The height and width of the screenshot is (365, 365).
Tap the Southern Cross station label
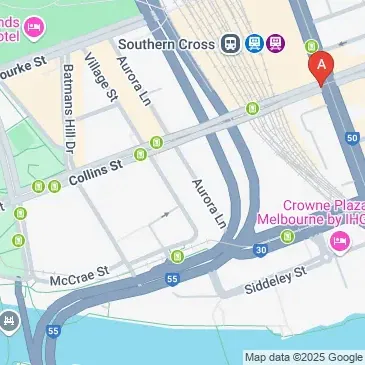coord(165,44)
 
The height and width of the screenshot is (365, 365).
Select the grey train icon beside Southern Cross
coord(231,44)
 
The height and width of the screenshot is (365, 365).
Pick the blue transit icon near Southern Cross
coord(253,44)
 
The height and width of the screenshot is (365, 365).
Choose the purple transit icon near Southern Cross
coord(275,44)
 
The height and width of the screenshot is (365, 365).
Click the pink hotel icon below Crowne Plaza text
coord(339,240)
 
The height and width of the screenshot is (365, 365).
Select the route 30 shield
coord(260,250)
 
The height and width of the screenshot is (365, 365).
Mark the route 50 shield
coord(350,137)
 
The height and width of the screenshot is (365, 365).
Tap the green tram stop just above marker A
coord(311,46)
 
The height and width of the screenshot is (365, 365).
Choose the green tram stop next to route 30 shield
coord(288,237)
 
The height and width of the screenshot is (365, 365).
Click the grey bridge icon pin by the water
coord(9,322)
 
